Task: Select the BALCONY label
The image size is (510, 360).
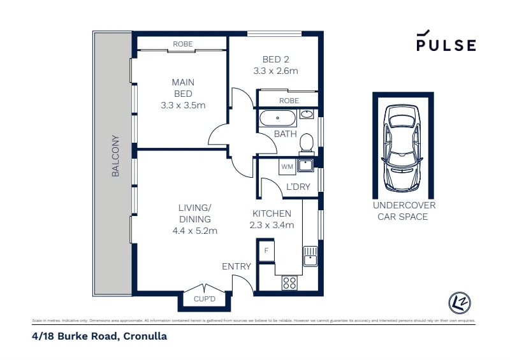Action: pos(115,155)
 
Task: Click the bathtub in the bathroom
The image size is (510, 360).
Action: pos(277,119)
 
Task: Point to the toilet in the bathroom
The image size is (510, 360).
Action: pos(307,143)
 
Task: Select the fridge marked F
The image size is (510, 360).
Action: pos(266,250)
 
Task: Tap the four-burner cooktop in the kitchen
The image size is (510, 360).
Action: pos(289,282)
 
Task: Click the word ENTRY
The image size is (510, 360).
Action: pos(237,266)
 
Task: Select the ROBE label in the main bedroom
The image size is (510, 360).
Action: pos(183,44)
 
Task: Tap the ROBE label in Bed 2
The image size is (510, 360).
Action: pos(289,101)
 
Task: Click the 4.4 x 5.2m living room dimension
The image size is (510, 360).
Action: pos(195,231)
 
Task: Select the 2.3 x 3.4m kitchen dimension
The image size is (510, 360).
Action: pos(272,225)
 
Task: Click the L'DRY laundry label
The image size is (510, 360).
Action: pos(298,187)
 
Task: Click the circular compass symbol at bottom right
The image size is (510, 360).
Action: pos(459,301)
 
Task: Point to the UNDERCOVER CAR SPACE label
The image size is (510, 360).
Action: pos(404,211)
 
